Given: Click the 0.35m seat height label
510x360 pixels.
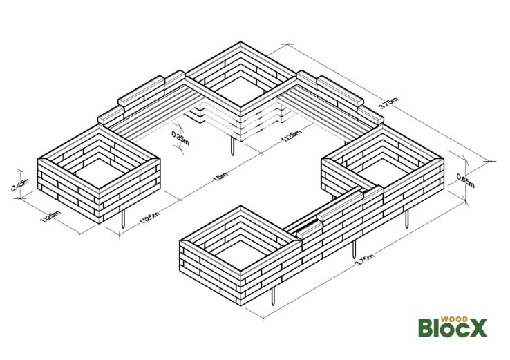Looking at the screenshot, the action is [x=180, y=138].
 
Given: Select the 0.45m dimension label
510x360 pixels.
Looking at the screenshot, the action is [x=20, y=184].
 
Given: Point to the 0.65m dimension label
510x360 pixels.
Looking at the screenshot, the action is [x=466, y=181].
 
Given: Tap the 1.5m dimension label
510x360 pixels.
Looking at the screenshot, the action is [x=220, y=177].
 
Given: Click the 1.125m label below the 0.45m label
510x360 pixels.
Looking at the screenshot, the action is [x=50, y=217].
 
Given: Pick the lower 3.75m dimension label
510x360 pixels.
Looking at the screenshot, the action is [x=364, y=260].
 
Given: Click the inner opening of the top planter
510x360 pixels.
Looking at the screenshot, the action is [x=240, y=91].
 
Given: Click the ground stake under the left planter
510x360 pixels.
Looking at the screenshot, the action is [x=123, y=219].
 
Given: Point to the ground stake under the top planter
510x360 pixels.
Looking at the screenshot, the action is [x=232, y=146].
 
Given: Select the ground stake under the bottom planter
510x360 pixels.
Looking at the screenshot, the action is [x=273, y=296].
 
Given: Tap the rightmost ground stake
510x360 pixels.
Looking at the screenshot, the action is [x=406, y=219].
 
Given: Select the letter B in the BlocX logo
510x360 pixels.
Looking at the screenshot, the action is [x=426, y=328].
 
